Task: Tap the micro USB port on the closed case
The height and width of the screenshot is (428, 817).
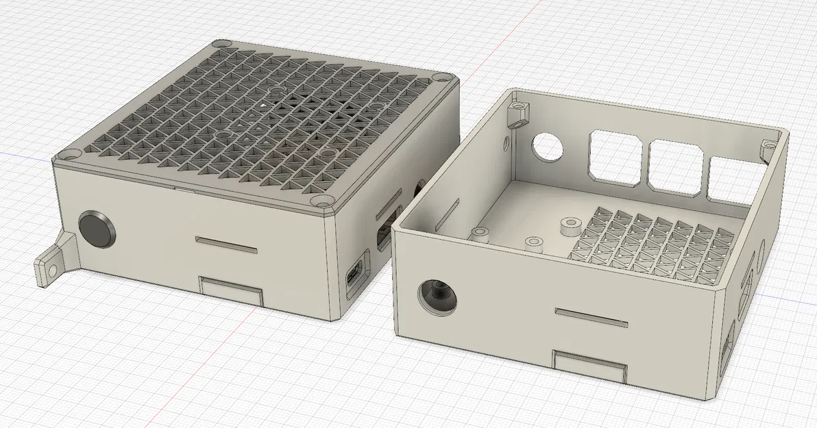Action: coord(355,277)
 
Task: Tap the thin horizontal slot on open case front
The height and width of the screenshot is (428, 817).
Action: coord(590,316)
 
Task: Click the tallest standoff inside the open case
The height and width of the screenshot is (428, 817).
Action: coord(568,227)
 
